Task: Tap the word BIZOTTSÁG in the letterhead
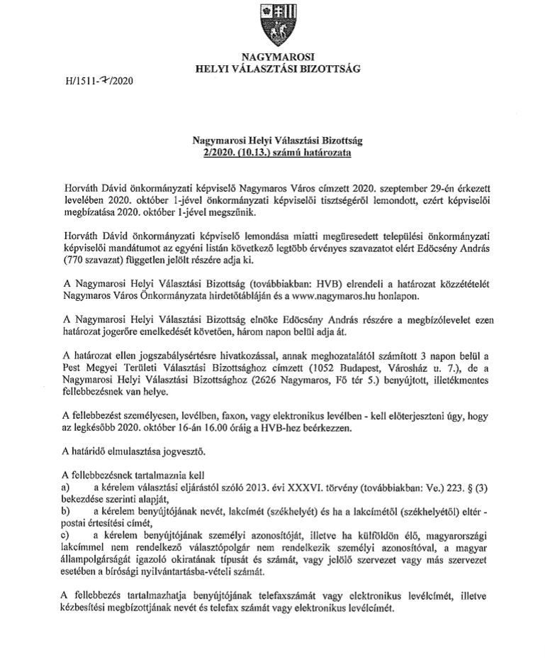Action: pyautogui.click(x=322, y=69)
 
